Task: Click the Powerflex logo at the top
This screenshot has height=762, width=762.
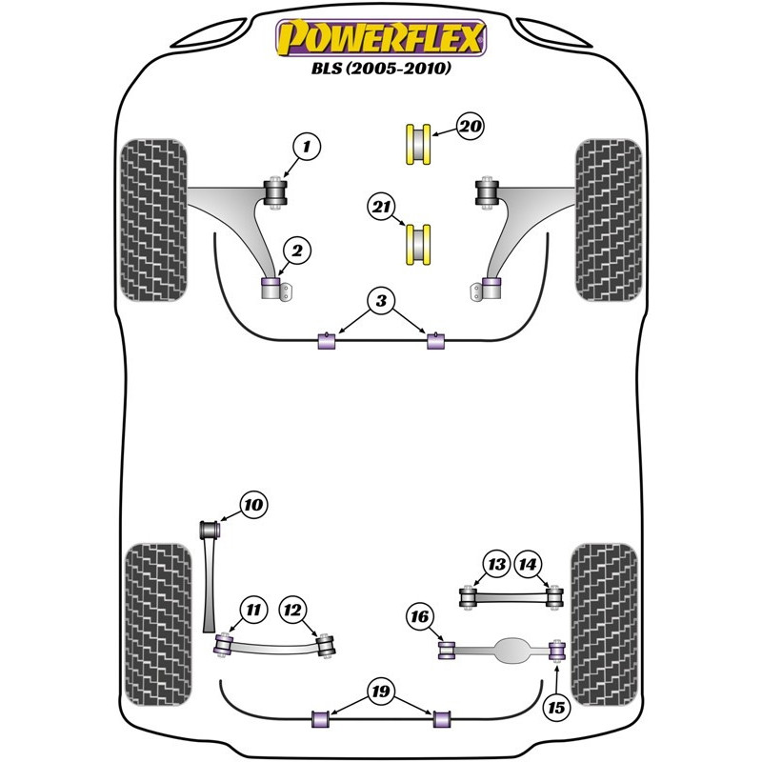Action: point(381,37)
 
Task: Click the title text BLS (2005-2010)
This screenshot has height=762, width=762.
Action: point(381,68)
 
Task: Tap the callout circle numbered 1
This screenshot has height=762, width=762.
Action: point(307,147)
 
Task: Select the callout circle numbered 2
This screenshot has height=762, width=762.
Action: point(297,251)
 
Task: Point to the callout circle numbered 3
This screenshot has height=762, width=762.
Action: point(381,301)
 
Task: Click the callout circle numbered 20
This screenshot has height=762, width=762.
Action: point(470,127)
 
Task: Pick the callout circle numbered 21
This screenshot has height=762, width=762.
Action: point(381,207)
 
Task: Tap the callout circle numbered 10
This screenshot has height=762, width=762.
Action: point(253,505)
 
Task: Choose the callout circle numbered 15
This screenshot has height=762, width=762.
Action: point(556,708)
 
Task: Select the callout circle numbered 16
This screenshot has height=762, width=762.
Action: point(420,617)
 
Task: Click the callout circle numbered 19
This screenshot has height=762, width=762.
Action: point(380,692)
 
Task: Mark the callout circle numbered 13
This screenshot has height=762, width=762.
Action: point(496,564)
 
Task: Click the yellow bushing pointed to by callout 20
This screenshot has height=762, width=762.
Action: point(418,145)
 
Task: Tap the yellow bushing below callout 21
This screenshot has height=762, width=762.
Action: point(418,245)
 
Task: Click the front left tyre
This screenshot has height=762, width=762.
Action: point(153,220)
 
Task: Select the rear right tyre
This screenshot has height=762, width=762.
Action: point(604,625)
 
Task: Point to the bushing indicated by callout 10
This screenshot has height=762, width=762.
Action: point(211,530)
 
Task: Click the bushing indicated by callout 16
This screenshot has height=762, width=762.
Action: point(446,651)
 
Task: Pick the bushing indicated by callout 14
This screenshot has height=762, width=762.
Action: point(554,597)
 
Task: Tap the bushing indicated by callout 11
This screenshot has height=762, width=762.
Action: point(224,646)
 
